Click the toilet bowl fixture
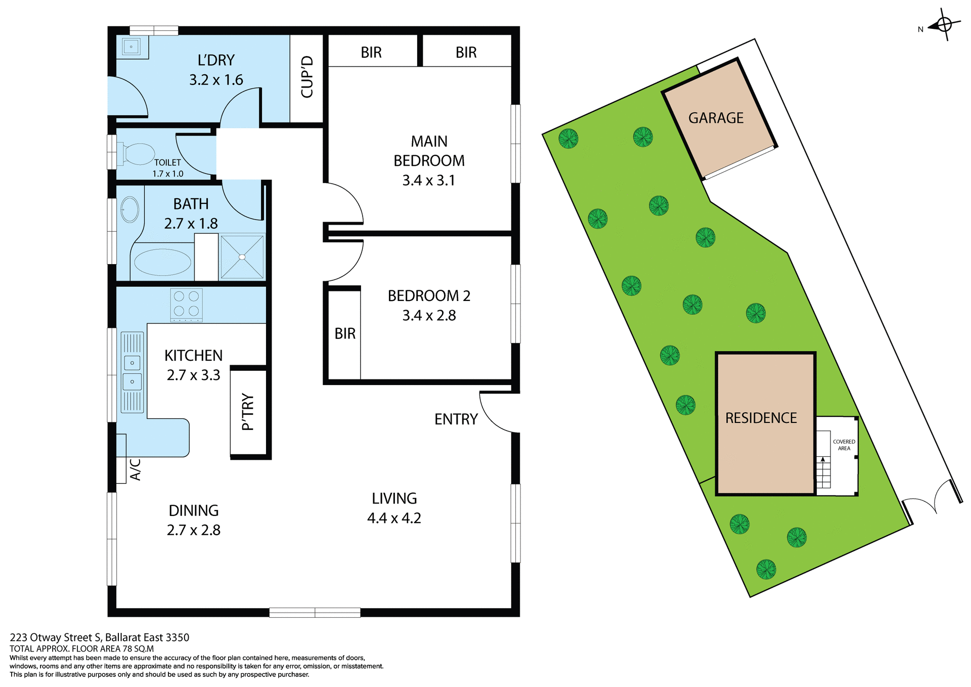[138, 154]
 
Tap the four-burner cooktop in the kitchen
[186, 305]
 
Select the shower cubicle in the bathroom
[242, 256]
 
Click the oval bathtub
[162, 262]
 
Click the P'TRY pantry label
[248, 412]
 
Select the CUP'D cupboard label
[307, 77]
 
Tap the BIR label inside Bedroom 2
[345, 334]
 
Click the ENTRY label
[456, 419]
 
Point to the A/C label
[135, 469]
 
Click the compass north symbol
[944, 24]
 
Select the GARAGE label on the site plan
[716, 118]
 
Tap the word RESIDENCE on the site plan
[761, 418]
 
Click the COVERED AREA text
[844, 445]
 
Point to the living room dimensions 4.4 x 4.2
[394, 519]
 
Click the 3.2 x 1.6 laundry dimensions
[216, 80]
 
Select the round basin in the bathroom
[130, 209]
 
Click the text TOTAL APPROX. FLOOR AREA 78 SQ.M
[81, 649]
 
